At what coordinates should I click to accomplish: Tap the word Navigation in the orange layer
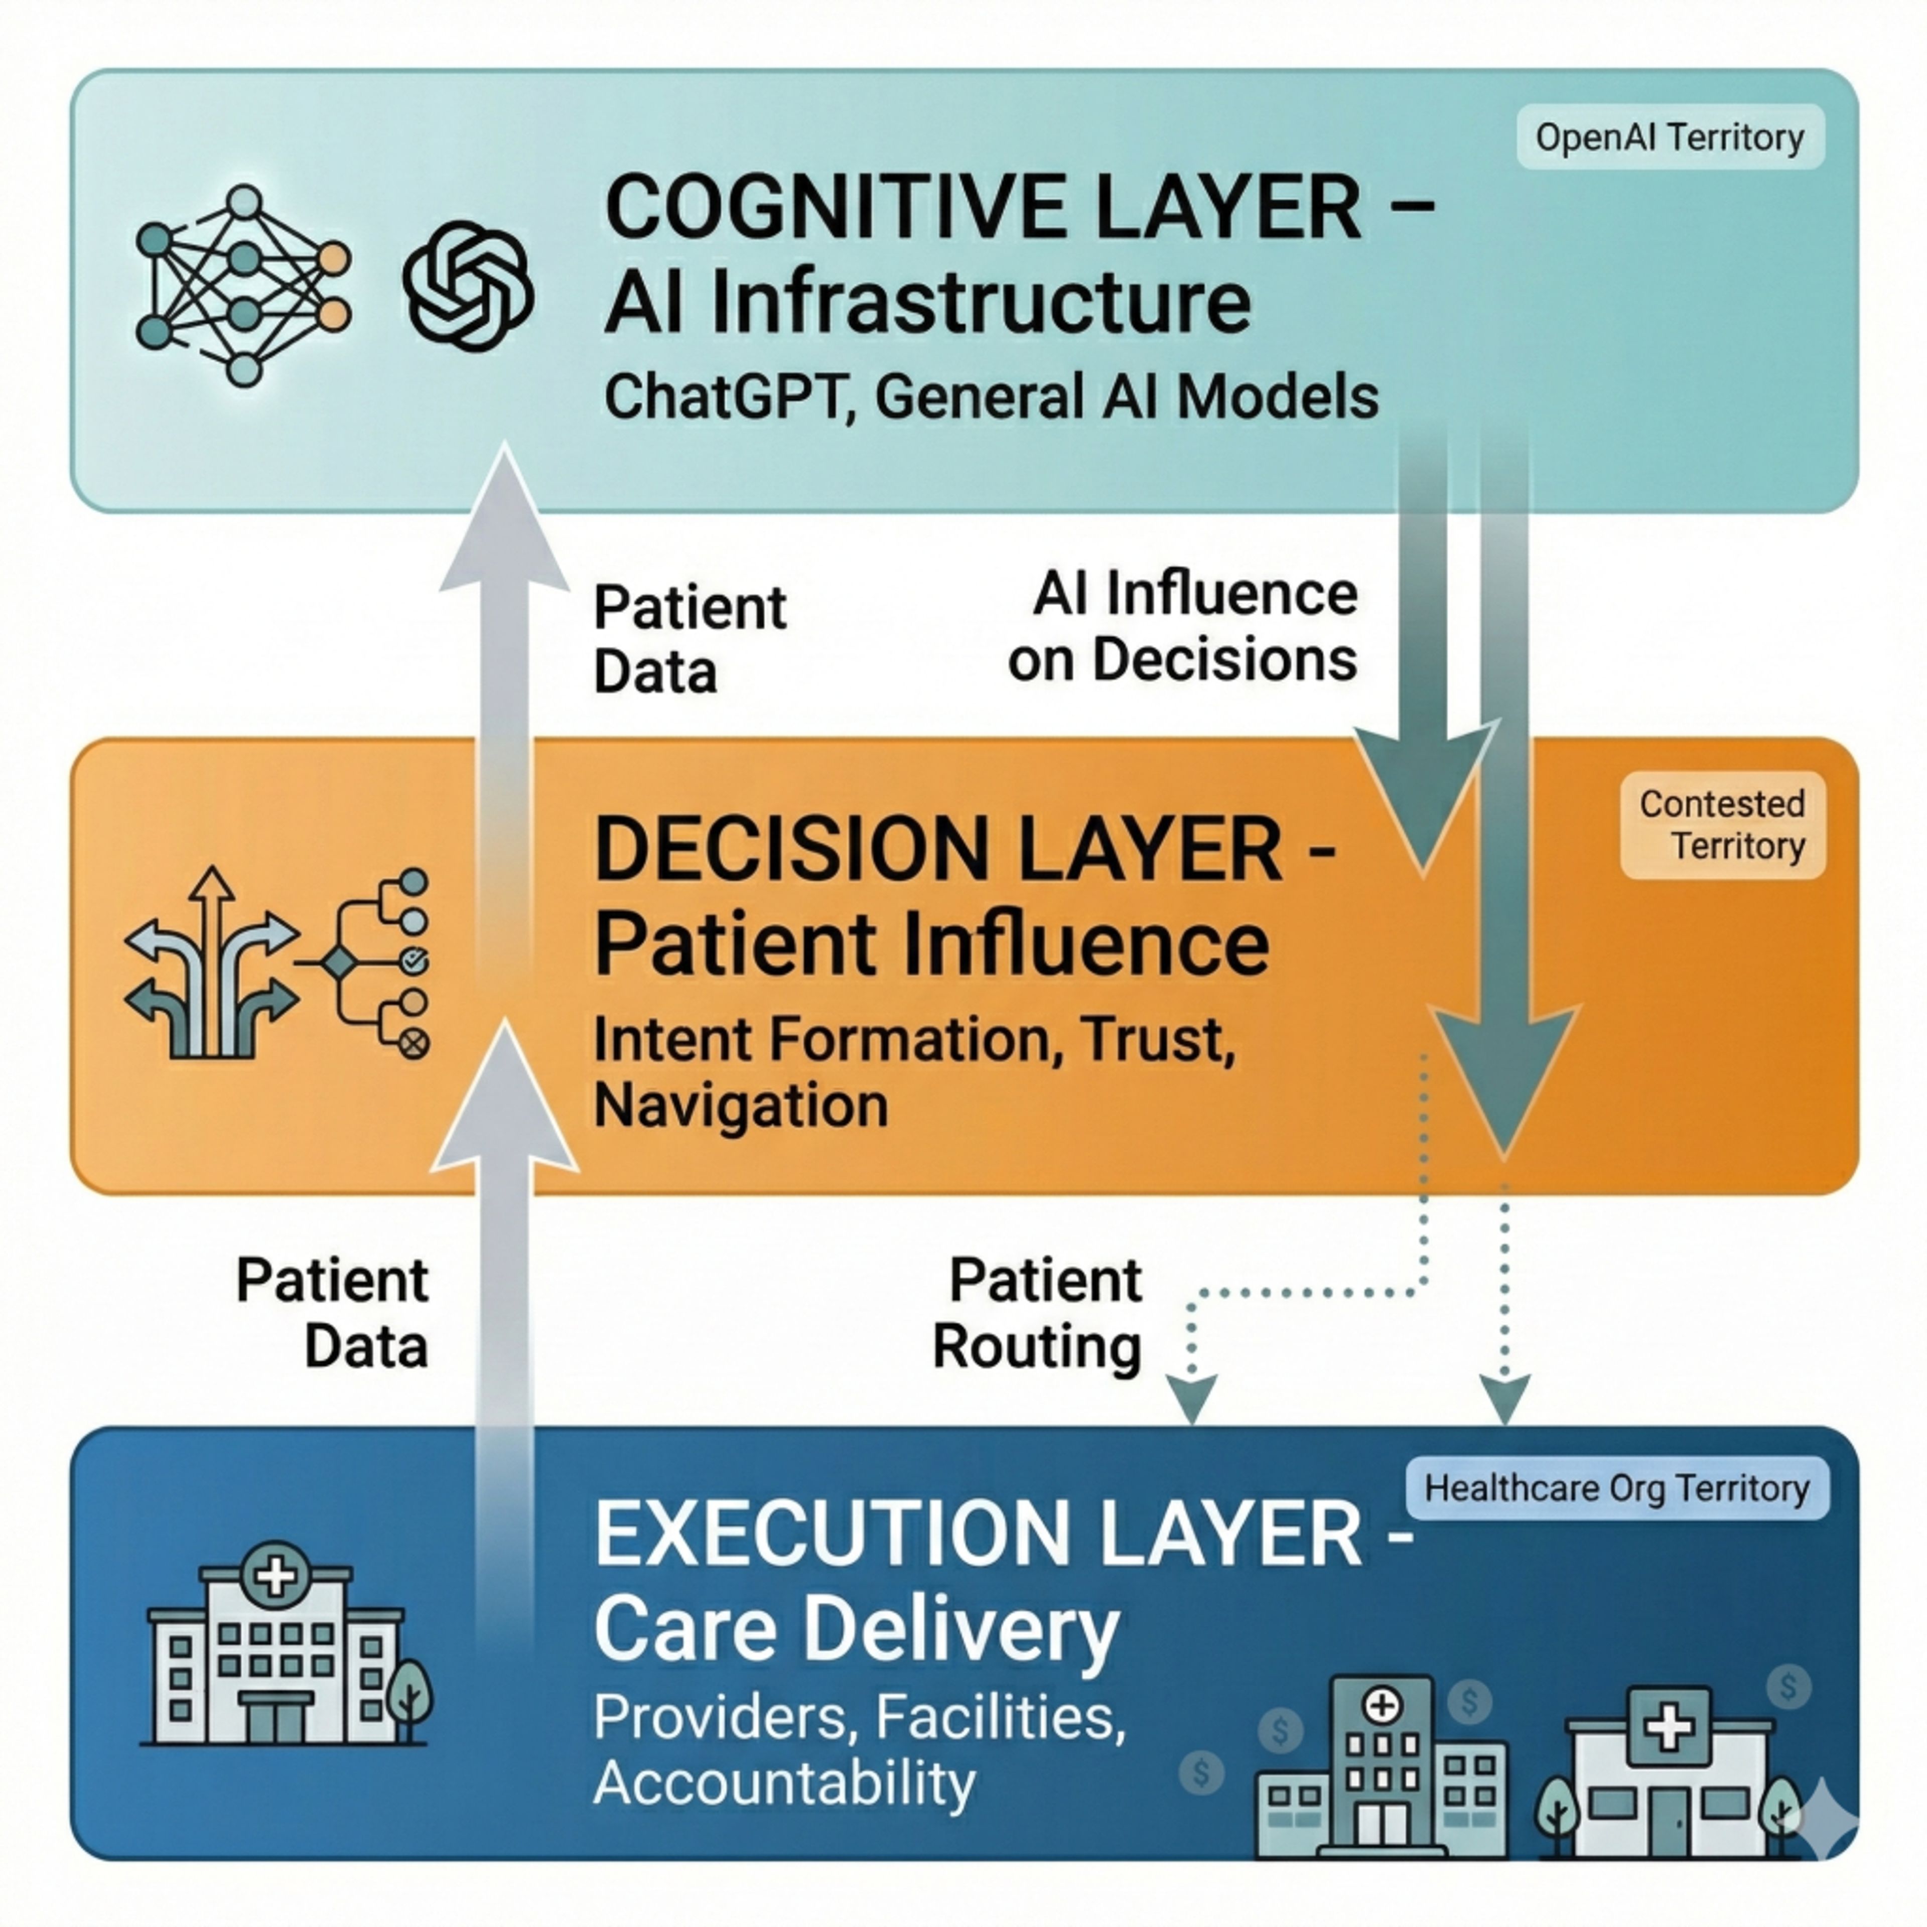tap(740, 1105)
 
